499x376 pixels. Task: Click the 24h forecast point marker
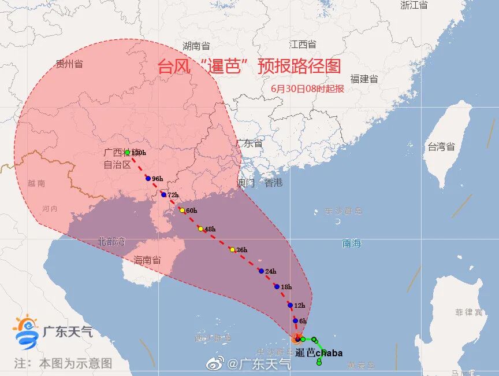[261, 271]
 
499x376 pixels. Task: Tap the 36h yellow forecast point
[232, 249]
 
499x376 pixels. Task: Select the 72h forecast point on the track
[163, 194]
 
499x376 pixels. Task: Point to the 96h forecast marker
[147, 179]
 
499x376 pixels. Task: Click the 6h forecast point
[295, 320]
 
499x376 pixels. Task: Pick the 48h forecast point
[200, 228]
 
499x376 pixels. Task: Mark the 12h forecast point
[290, 305]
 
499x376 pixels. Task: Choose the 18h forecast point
[277, 286]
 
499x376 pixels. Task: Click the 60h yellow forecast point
[181, 210]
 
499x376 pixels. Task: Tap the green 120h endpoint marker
[127, 153]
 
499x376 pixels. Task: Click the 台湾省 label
[441, 147]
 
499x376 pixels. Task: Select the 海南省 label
[147, 260]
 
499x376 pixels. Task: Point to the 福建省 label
[364, 79]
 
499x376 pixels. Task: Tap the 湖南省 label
[196, 46]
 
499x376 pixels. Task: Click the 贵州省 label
[69, 64]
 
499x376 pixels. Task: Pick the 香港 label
[274, 183]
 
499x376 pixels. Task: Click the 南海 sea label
[351, 244]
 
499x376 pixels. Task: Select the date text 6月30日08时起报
[307, 89]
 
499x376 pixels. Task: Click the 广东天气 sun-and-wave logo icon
[26, 331]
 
